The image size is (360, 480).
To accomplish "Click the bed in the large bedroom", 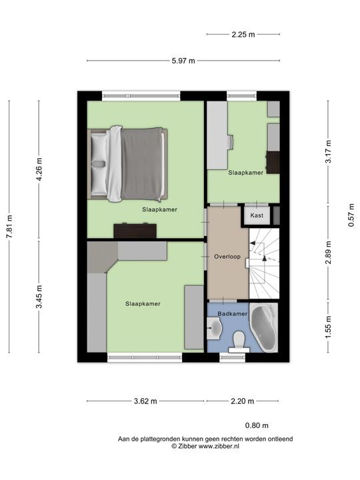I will [127, 164].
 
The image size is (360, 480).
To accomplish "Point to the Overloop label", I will [227, 257].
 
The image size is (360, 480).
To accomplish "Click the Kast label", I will [257, 215].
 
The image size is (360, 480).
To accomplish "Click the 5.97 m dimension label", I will [183, 61].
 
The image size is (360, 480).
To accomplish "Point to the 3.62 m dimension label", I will [145, 401].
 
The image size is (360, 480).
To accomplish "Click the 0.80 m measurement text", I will [257, 425].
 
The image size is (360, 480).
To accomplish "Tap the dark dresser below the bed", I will [135, 231].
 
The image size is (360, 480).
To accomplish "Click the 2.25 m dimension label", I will [243, 34].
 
